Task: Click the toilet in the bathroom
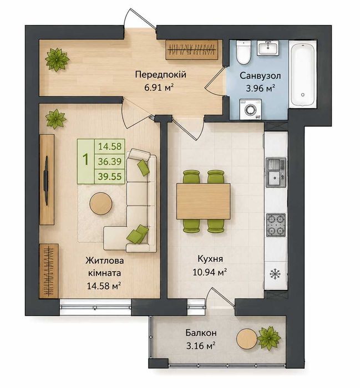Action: click(x=244, y=52)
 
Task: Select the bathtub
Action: click(x=303, y=74)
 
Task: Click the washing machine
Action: click(x=250, y=109)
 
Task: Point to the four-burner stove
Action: click(x=276, y=224)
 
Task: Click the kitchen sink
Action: click(x=276, y=172)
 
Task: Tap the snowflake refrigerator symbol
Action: click(x=275, y=274)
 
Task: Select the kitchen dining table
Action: click(x=203, y=201)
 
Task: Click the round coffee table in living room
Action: click(x=100, y=203)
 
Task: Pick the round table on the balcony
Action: click(x=247, y=339)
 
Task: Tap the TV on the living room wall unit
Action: click(x=46, y=180)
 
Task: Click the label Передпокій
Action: click(x=160, y=74)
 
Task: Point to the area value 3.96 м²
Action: click(x=261, y=88)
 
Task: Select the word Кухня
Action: click(x=210, y=259)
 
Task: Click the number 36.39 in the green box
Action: click(x=110, y=162)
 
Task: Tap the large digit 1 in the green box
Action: click(x=85, y=160)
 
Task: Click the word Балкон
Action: click(x=201, y=333)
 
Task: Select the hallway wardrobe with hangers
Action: click(x=191, y=49)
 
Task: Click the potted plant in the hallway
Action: click(x=57, y=60)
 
